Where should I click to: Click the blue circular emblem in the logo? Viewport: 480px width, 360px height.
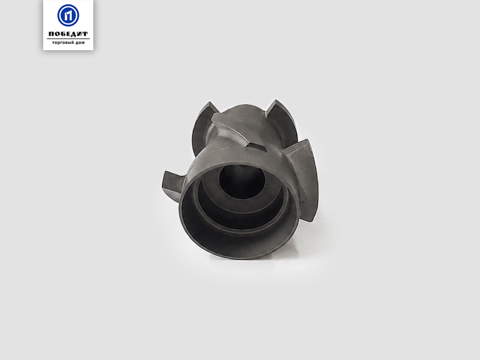(x=68, y=15)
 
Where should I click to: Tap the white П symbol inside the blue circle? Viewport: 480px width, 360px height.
(x=68, y=15)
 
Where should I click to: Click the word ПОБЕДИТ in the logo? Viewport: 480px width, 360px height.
(x=68, y=34)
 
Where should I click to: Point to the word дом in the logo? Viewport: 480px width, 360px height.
(x=80, y=43)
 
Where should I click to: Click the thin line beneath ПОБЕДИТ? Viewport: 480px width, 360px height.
(x=68, y=38)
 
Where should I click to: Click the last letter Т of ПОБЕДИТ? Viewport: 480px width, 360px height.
(x=85, y=34)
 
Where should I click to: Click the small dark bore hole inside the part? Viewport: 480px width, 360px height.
(x=242, y=181)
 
